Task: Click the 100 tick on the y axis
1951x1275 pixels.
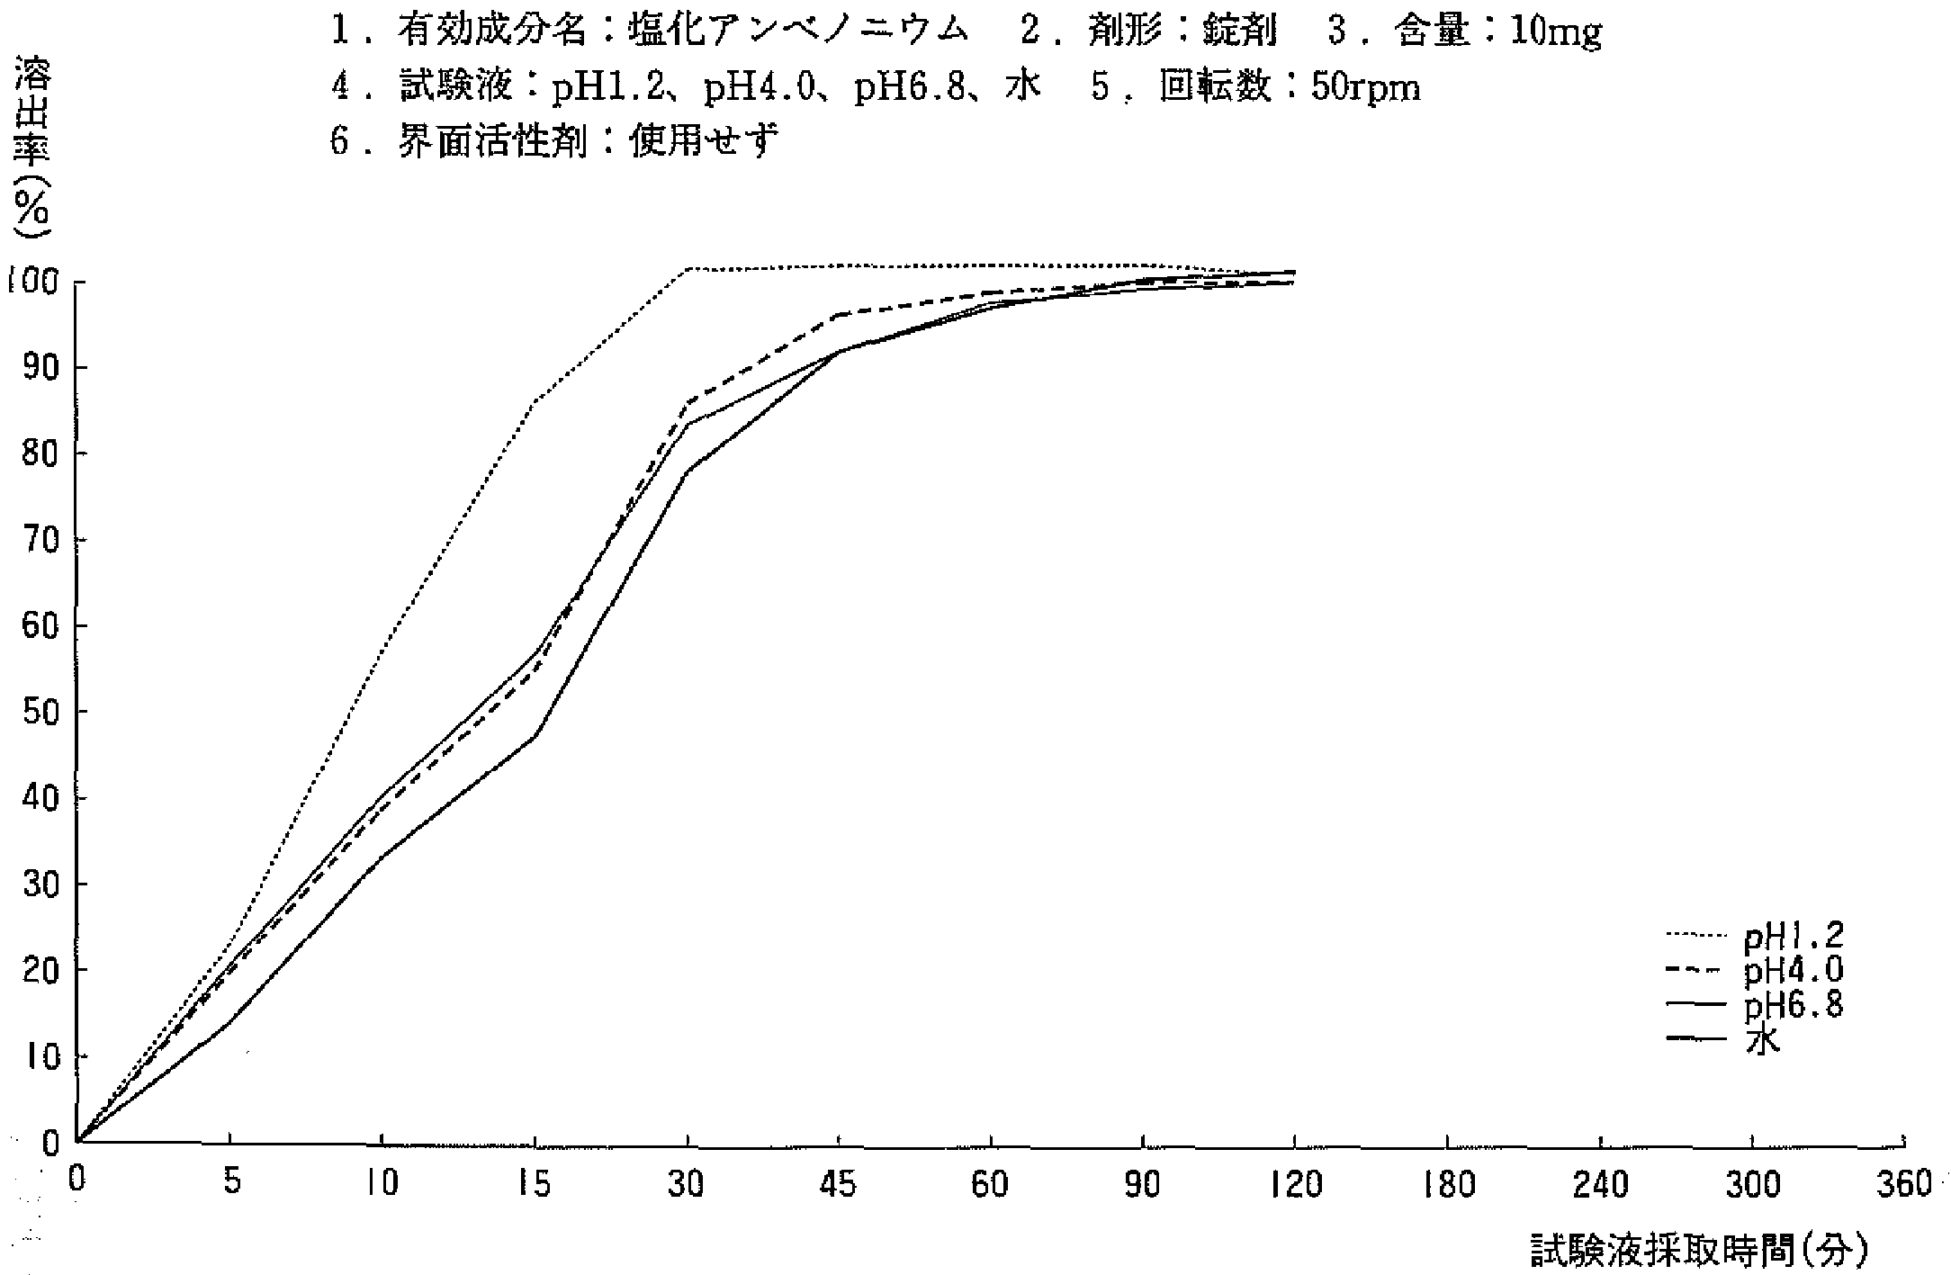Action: coord(33,282)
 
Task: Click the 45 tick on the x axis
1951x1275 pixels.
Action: coord(839,1184)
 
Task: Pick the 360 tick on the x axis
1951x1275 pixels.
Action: coord(1902,1184)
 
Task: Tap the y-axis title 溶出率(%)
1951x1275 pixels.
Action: coord(31,148)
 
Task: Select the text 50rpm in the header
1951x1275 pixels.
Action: coord(1365,87)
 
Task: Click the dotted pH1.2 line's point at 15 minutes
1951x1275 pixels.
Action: coord(535,401)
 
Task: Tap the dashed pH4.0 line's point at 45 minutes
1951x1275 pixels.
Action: coord(839,314)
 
